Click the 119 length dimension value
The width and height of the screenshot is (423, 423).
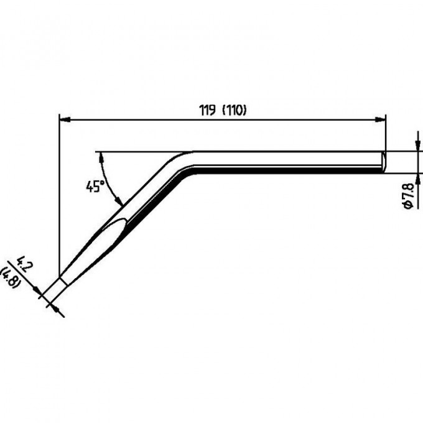207,110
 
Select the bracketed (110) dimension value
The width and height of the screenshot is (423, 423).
234,110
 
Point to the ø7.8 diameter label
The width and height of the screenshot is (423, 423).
408,196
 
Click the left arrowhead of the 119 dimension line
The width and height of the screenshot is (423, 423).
65,119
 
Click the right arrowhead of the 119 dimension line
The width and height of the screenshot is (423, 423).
380,119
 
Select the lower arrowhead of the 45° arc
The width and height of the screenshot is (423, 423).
119,201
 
